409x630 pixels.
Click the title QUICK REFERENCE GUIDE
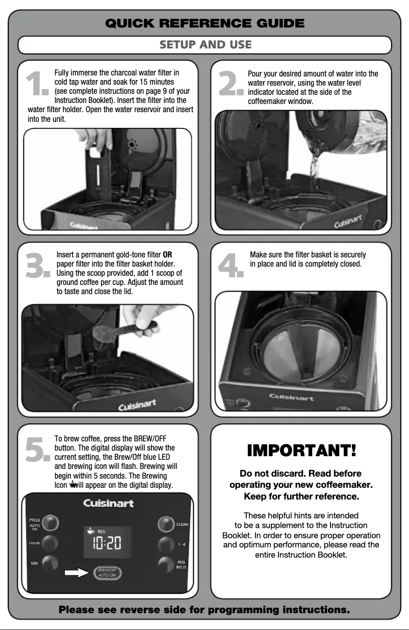tap(205, 23)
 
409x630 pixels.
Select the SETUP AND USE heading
tap(205, 45)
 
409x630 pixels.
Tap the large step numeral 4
tap(231, 267)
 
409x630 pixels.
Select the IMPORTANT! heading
tap(301, 451)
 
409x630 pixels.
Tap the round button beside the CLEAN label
tap(166, 524)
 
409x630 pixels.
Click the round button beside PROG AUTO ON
tap(50, 523)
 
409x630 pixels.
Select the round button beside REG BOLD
tap(166, 564)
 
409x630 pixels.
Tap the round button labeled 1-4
tap(166, 543)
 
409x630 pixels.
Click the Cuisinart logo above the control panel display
tap(108, 503)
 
